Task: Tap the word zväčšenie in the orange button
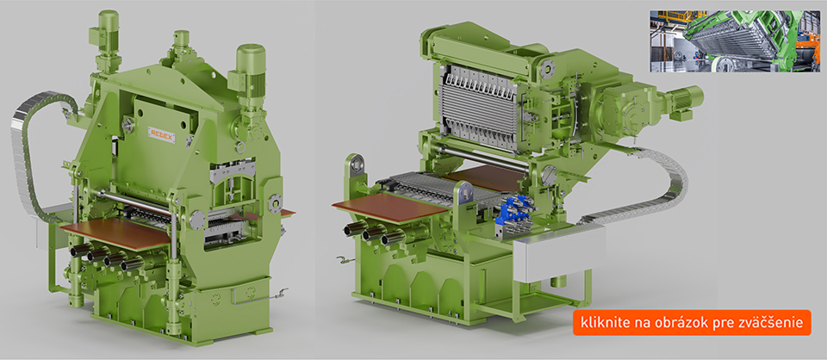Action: point(777,323)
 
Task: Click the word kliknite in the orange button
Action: point(602,323)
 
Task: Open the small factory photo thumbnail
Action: point(735,41)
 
